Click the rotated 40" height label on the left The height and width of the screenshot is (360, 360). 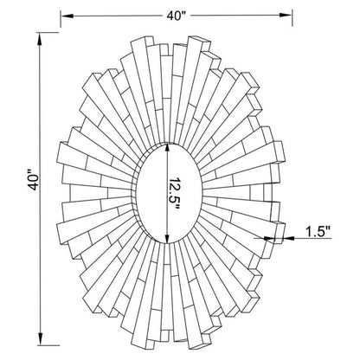pos(32,181)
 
